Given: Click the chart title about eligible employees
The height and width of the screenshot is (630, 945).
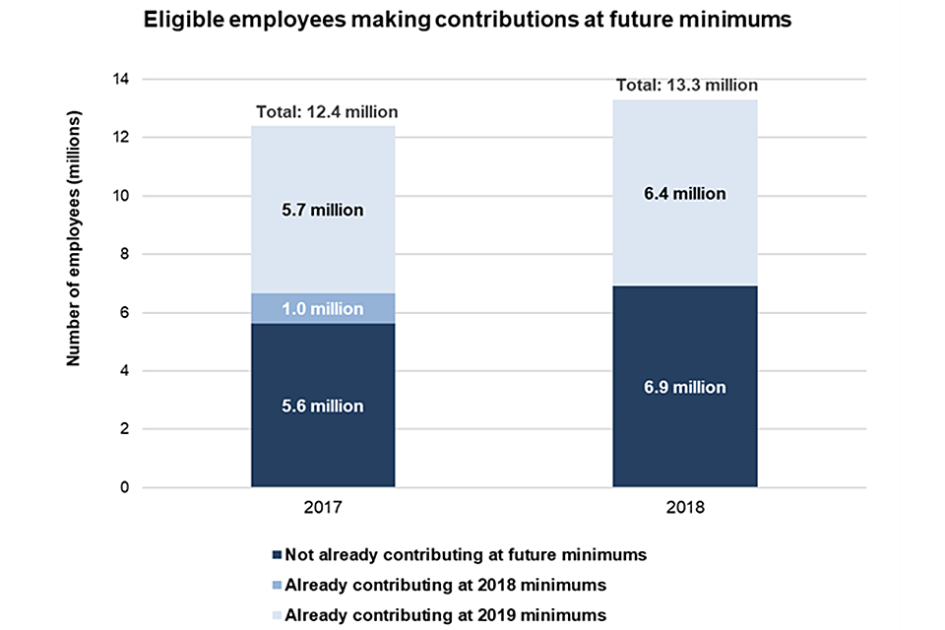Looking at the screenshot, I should click(468, 20).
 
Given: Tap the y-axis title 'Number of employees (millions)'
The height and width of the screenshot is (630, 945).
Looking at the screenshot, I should click(73, 239).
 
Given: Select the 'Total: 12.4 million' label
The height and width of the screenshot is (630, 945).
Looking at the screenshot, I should click(327, 112).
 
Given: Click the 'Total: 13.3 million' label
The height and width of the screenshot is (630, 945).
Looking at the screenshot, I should click(687, 86).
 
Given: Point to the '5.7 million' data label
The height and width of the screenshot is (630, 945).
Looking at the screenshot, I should click(323, 210).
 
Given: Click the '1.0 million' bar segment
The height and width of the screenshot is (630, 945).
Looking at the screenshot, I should click(323, 308).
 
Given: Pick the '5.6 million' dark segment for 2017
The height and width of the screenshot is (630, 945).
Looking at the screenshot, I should click(323, 406).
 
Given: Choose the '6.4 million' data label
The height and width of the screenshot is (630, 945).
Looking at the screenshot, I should click(685, 194).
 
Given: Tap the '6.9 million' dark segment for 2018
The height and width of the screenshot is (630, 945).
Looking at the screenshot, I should click(685, 387).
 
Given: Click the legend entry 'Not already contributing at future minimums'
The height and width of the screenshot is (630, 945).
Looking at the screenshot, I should click(466, 554).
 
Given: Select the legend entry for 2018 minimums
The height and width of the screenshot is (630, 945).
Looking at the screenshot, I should click(446, 585).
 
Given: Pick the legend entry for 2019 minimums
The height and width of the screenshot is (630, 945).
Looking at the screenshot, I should click(446, 614).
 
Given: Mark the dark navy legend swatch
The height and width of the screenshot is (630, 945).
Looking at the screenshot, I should click(277, 555).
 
